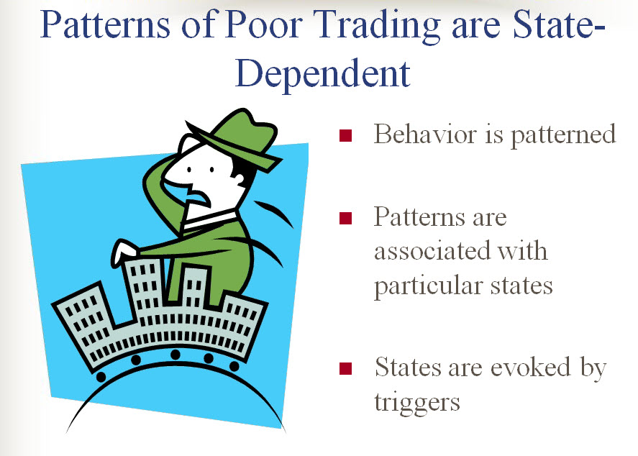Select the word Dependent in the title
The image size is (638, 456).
323,75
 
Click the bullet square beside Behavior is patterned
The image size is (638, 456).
345,135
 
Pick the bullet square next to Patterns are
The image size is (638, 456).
345,218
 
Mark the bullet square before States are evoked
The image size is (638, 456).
345,368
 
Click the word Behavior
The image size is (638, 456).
425,134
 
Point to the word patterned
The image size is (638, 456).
563,134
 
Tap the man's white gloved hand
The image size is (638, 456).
123,252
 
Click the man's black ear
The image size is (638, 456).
240,175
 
